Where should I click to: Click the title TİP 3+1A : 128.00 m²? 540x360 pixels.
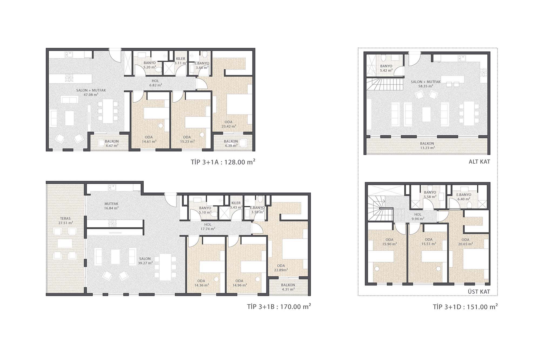223,162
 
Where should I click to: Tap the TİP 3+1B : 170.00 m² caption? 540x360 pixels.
279,307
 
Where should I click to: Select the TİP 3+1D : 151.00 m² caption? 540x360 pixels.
465,307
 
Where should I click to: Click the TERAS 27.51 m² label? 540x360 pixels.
66,221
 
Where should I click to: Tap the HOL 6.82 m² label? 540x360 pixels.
156,83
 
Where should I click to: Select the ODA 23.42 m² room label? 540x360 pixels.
229,124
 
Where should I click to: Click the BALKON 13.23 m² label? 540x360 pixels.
427,146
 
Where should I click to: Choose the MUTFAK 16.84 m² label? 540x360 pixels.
111,206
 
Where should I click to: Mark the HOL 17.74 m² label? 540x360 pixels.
208,227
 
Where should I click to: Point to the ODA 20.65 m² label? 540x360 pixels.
465,242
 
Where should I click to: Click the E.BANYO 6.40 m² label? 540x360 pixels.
464,197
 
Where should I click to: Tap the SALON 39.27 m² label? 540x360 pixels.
145,261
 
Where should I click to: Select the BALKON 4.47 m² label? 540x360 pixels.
112,143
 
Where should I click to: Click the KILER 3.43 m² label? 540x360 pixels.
236,205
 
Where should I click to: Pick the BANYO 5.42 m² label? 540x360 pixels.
386,68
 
